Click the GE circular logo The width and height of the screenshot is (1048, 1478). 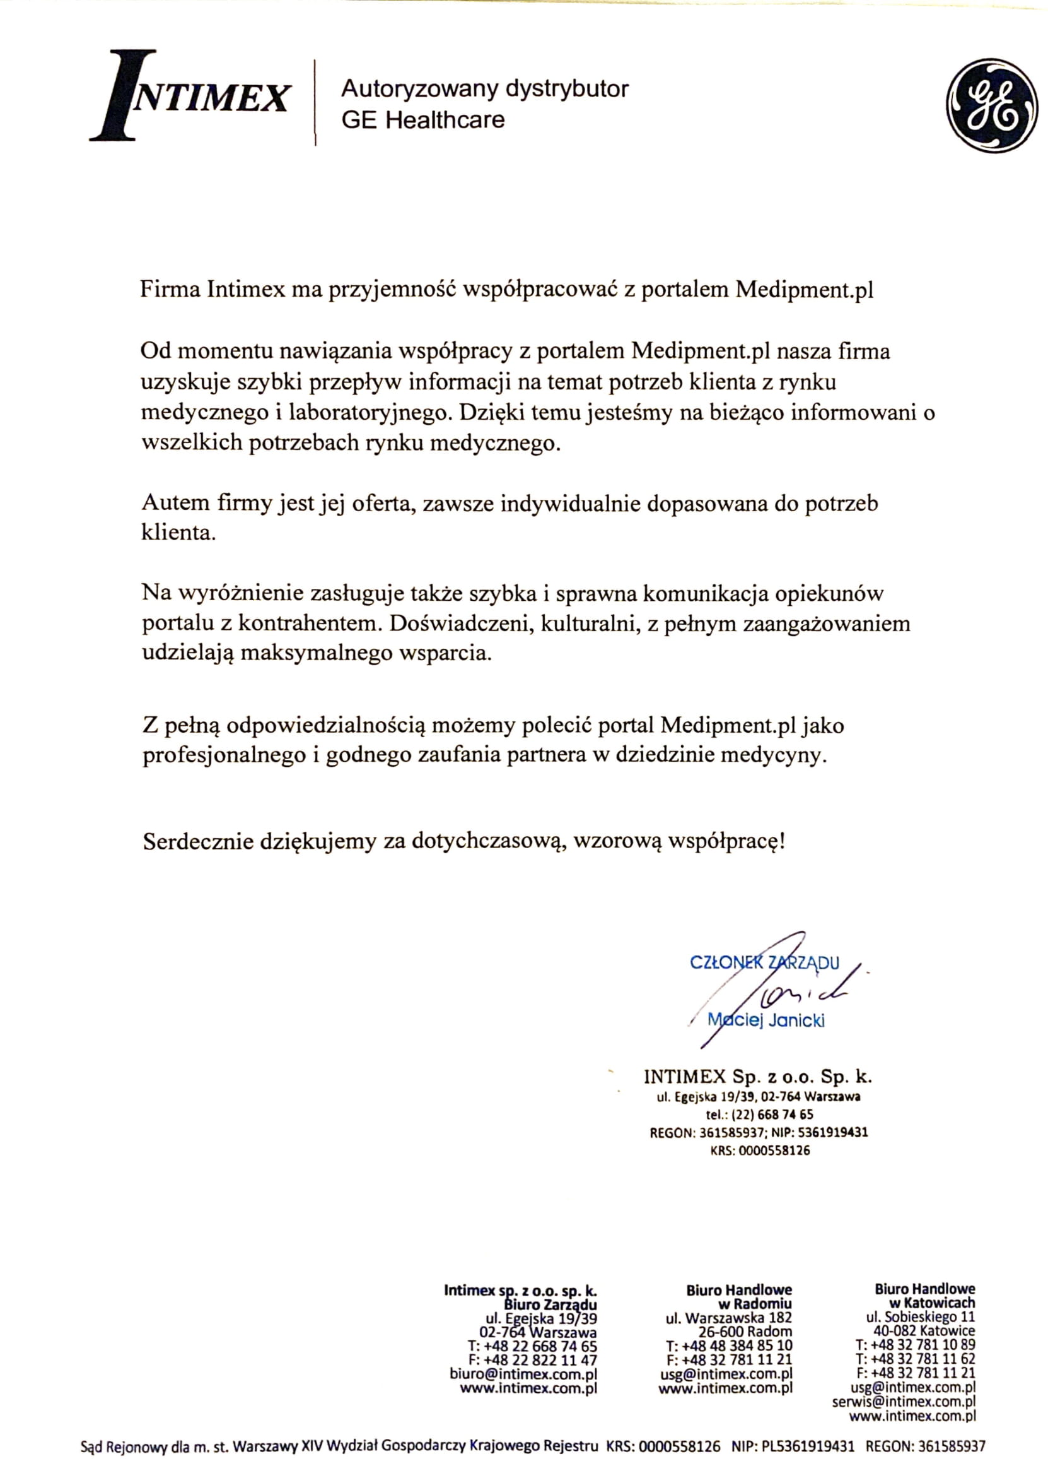[x=992, y=106]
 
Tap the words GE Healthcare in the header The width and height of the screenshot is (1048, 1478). [x=422, y=120]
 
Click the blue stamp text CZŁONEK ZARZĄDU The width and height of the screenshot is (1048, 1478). [x=764, y=964]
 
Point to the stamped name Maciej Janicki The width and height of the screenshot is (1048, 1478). [x=766, y=1020]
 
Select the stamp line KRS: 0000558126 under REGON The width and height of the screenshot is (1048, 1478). [x=760, y=1150]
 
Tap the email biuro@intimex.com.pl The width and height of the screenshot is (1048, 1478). [x=523, y=1374]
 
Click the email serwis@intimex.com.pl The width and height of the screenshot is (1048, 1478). [x=904, y=1402]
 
